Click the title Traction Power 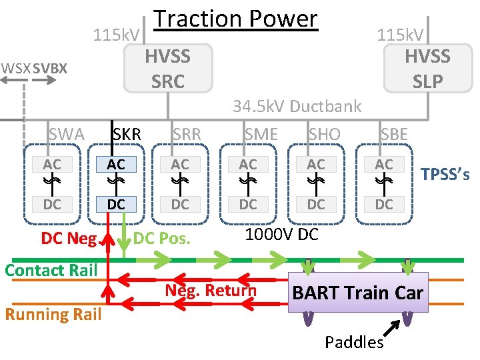235,19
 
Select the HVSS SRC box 168,68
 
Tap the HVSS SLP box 427,68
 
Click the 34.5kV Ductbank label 297,106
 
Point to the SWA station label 66,135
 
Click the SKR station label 126,134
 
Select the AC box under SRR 180,164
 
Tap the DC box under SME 248,204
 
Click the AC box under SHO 316,164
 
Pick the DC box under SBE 384,204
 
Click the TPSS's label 445,175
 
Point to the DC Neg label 69,237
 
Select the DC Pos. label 163,237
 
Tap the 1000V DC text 282,235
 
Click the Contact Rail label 51,270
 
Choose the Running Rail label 53,314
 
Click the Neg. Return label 211,291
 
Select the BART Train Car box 357,293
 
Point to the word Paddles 354,343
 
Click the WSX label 15,68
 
